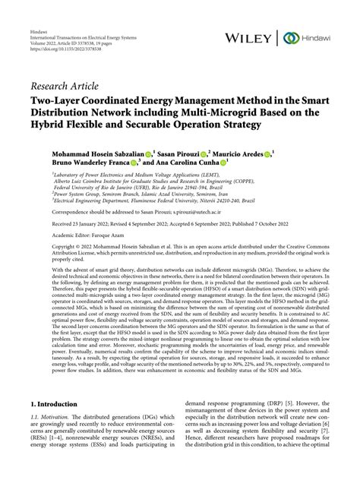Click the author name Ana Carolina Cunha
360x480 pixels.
tap(185, 163)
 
